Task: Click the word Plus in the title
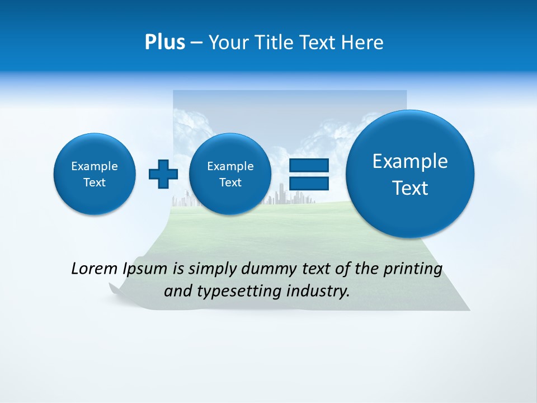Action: click(x=164, y=43)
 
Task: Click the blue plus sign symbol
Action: click(x=163, y=174)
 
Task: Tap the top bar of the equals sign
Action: click(x=308, y=165)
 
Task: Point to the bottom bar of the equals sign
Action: click(x=308, y=183)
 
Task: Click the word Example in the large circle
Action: click(x=410, y=161)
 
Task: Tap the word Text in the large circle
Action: click(x=410, y=188)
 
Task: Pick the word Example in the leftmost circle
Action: click(x=95, y=166)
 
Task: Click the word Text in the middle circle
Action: click(x=230, y=182)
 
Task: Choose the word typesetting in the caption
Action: click(x=243, y=291)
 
